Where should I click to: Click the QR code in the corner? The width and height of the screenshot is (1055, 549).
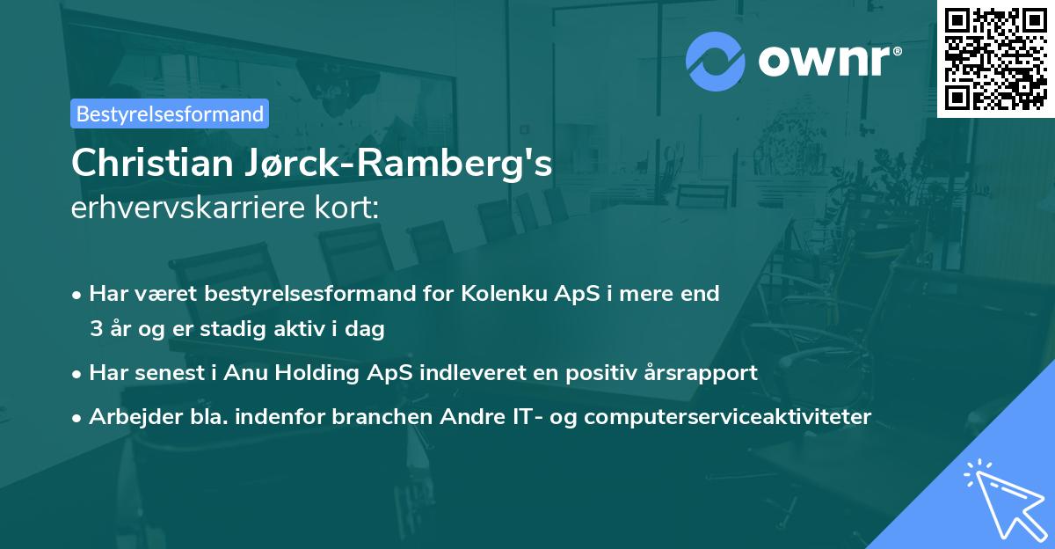(996, 58)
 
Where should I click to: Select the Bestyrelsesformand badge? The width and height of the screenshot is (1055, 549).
(170, 113)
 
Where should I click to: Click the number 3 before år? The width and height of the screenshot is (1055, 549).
(96, 330)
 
